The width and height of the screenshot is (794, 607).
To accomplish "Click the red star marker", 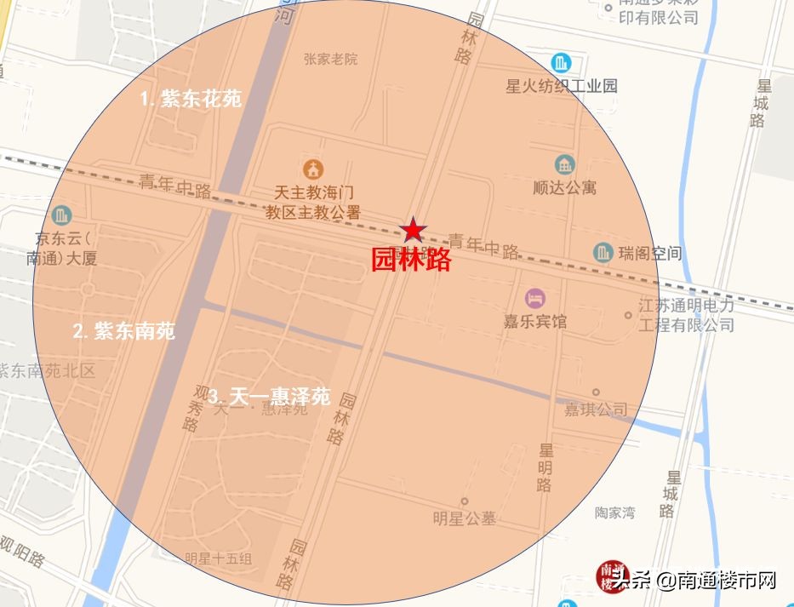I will (x=413, y=228).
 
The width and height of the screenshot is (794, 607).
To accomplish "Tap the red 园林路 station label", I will (x=411, y=260).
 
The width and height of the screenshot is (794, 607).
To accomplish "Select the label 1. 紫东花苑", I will (x=191, y=99).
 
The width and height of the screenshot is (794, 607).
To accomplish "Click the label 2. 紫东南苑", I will (x=124, y=330).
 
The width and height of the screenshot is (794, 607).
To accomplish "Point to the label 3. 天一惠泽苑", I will (x=269, y=397).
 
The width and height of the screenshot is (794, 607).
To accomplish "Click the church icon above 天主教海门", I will (x=312, y=168).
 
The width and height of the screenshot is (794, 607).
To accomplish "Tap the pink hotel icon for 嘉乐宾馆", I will (x=535, y=298).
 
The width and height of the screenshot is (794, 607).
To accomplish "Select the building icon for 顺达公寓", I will (x=564, y=165).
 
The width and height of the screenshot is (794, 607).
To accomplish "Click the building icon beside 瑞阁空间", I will (x=603, y=253).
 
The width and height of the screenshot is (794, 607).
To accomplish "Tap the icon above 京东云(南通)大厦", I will (x=61, y=215).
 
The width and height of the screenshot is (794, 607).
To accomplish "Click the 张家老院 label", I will (x=330, y=59).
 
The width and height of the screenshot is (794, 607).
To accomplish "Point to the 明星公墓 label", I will (x=464, y=518).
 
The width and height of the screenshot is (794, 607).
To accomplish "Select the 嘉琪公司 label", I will (x=596, y=409).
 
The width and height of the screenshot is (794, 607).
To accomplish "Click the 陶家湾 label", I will (x=614, y=513).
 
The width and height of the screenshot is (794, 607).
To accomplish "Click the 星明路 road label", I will (x=545, y=467).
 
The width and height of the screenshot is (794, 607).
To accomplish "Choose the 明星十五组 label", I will (x=219, y=558).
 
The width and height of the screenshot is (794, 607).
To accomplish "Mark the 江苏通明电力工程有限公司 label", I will (x=686, y=314).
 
